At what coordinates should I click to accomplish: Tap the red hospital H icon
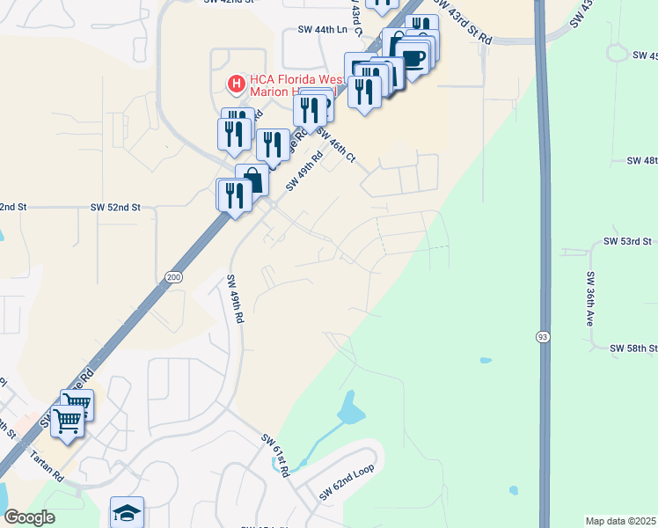click(236, 84)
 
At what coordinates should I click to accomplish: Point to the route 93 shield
click(543, 336)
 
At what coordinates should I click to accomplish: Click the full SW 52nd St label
click(115, 208)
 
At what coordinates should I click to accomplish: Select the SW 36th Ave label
click(590, 299)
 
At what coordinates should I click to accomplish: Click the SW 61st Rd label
click(275, 455)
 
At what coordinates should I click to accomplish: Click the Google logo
click(29, 517)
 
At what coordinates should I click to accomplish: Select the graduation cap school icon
click(128, 512)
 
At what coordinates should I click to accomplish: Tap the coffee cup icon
click(414, 57)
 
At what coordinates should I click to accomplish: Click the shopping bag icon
click(252, 179)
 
